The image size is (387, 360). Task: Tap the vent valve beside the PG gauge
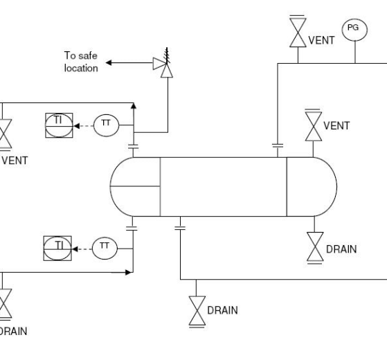point(298,32)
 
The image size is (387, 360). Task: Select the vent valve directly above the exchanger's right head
point(314,126)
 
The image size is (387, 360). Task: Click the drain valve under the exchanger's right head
point(315,246)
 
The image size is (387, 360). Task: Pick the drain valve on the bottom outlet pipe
point(197,312)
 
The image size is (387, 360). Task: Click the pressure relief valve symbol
point(163,64)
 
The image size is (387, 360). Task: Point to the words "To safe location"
point(81,62)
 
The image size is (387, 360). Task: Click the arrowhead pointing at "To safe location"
point(109,63)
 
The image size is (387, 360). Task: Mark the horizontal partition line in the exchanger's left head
point(135,186)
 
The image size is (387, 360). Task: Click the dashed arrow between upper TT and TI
point(84,126)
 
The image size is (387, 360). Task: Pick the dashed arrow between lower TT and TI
point(82,249)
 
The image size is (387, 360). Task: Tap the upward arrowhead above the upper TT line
point(134,106)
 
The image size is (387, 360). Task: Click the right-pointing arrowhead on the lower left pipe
point(128,272)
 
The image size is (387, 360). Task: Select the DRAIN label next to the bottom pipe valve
point(222,310)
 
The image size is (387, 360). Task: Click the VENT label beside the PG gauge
point(321,40)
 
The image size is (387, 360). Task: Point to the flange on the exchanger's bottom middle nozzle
point(180,228)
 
